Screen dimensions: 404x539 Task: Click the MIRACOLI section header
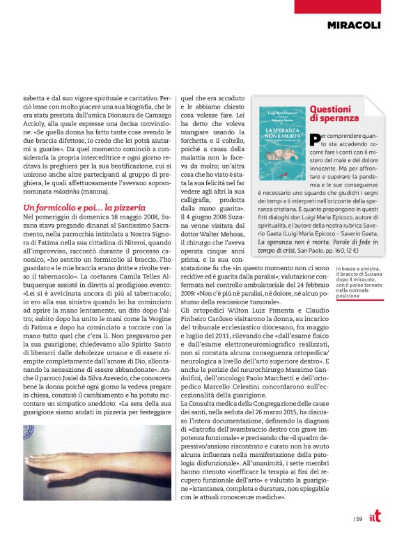354,26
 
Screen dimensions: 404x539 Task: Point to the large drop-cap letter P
316,140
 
